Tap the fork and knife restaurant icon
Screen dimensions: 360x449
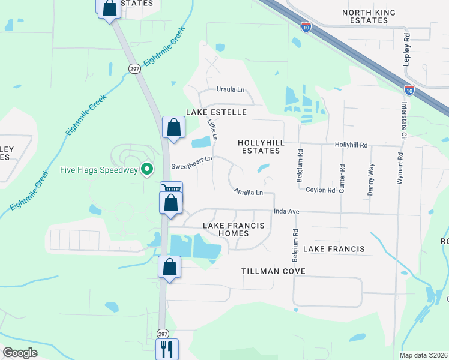pos(167,348)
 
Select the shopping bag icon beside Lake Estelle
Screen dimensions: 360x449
pos(173,127)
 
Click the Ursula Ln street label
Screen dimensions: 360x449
pos(231,90)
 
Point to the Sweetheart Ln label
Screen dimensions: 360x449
pos(192,159)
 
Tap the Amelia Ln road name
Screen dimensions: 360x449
pos(249,193)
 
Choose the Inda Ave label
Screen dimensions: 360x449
pos(286,212)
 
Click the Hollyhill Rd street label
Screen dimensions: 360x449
pos(351,145)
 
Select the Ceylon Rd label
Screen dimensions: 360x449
pos(320,190)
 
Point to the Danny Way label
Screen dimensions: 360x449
pos(371,180)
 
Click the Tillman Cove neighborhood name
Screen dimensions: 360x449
pos(273,271)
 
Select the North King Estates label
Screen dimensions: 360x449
pos(365,16)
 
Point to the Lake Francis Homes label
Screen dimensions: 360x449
pos(234,229)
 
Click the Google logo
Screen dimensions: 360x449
pos(20,353)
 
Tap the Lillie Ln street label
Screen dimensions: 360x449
pos(211,130)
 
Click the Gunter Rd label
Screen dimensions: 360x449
pos(342,175)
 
